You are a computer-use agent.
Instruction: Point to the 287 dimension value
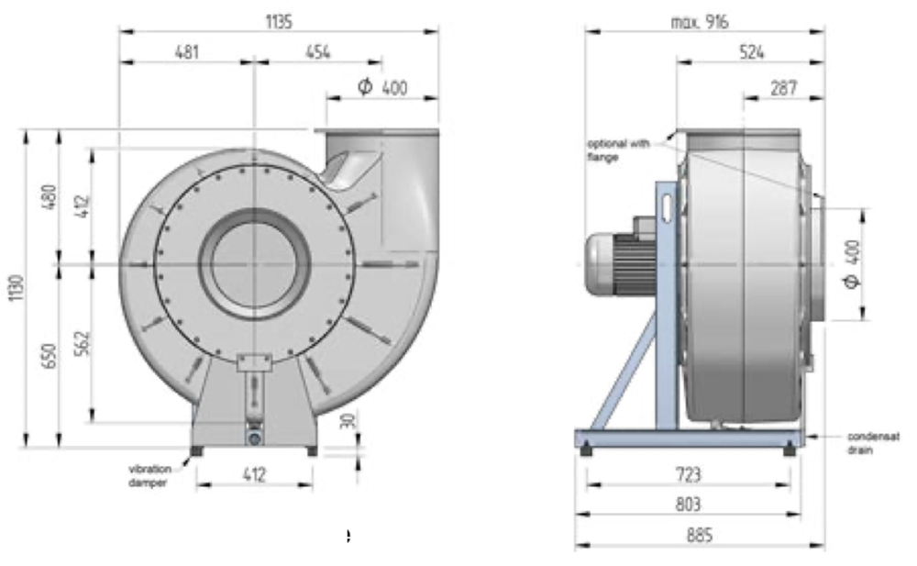pyautogui.click(x=783, y=88)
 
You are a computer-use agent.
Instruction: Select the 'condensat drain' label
pyautogui.click(x=870, y=443)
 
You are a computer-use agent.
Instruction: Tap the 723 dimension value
pyautogui.click(x=688, y=474)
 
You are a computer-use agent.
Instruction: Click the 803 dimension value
pyautogui.click(x=688, y=504)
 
